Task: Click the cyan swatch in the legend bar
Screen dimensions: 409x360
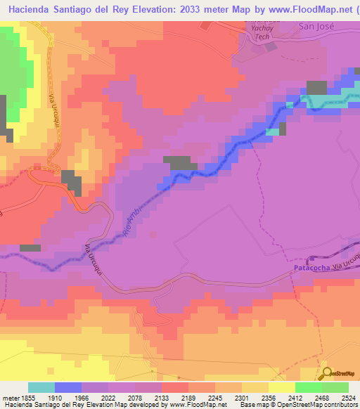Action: coord(41,387)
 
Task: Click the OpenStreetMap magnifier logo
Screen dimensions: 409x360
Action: coord(326,372)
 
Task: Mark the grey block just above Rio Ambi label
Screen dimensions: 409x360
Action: coord(180,162)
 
